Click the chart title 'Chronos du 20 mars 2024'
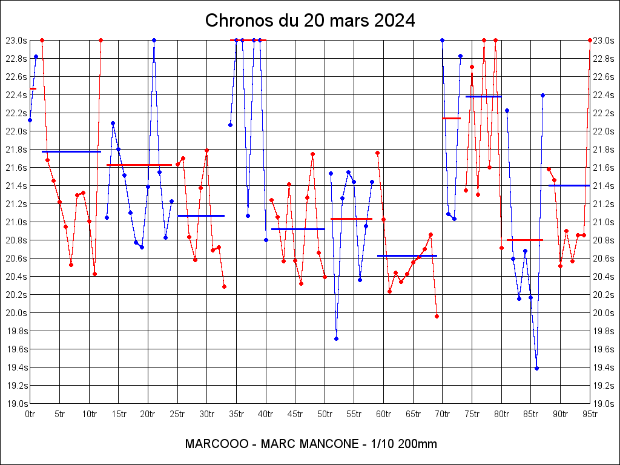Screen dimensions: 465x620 tap(310, 21)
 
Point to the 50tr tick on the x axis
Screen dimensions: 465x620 tap(325, 414)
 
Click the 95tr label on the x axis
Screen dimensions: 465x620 tap(590, 414)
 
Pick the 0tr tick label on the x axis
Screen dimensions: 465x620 tap(30, 414)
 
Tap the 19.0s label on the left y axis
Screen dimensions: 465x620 tap(16, 403)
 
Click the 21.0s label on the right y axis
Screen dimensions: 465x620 tap(604, 222)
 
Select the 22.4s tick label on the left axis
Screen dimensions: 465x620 tap(16, 94)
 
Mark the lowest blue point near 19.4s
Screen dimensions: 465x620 tap(536, 368)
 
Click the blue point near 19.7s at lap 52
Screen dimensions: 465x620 tap(336, 338)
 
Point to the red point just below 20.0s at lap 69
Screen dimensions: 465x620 tap(437, 316)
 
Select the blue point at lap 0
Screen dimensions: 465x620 tap(30, 120)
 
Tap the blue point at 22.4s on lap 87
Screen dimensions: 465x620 tap(542, 95)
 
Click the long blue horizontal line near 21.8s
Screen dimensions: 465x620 tap(71, 151)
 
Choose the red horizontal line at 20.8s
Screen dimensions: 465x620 tap(524, 240)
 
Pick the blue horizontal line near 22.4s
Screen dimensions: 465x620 tap(483, 96)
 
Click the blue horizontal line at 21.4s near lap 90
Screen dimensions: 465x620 tap(569, 185)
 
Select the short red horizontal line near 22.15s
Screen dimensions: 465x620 tap(451, 118)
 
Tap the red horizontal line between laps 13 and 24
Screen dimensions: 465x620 tap(139, 165)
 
